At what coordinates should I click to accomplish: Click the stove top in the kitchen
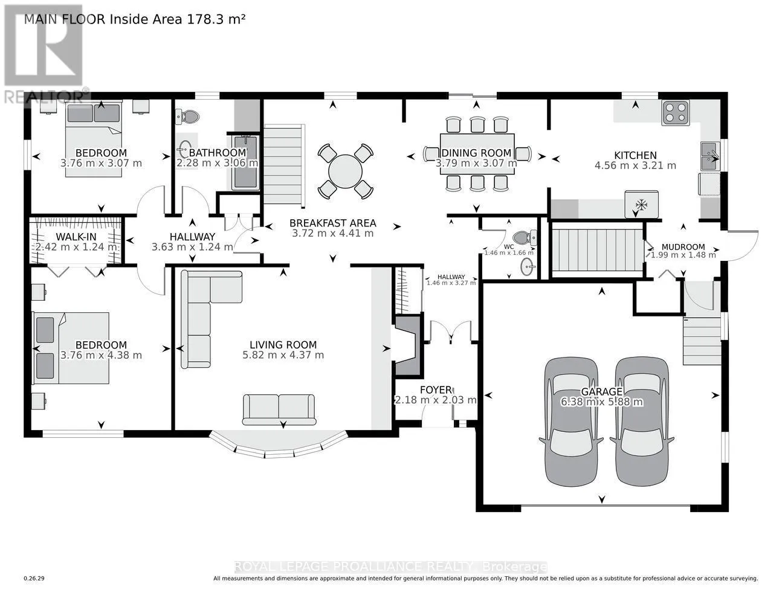(x=676, y=113)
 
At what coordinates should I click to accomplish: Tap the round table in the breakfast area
(x=345, y=171)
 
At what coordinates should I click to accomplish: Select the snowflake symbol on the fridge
(x=641, y=205)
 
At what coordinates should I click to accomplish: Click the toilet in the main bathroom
(x=187, y=117)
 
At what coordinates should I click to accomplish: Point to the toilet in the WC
(x=525, y=237)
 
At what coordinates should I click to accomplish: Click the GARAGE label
(x=602, y=391)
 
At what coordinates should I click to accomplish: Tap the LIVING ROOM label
(x=283, y=345)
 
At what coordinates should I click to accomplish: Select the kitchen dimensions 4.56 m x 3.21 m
(x=636, y=165)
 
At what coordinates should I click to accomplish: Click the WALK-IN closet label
(x=76, y=237)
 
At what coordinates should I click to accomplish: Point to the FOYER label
(x=436, y=390)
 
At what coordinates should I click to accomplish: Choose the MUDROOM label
(x=683, y=247)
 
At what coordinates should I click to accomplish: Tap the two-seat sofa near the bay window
(x=279, y=410)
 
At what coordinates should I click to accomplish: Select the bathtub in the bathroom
(x=245, y=162)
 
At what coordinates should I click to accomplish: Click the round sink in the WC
(x=528, y=267)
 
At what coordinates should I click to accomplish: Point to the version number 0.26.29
(x=34, y=579)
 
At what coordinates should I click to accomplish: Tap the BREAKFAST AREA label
(x=333, y=223)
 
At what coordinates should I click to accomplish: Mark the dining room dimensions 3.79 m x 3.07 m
(x=476, y=163)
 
